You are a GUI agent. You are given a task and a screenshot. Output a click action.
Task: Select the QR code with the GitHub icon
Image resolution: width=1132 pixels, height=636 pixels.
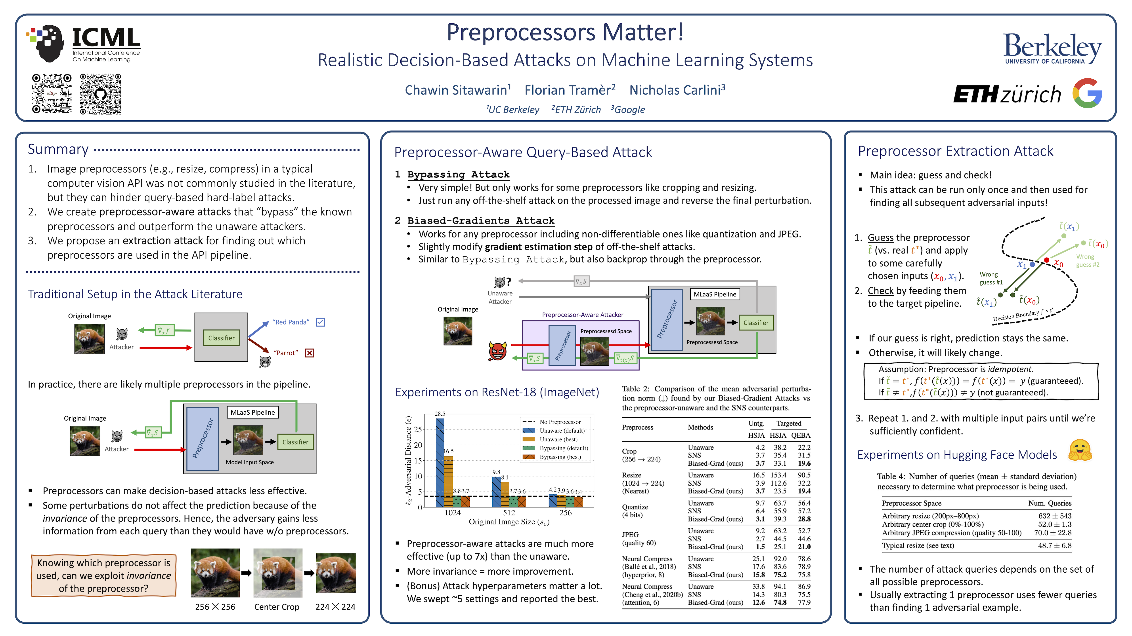(x=101, y=94)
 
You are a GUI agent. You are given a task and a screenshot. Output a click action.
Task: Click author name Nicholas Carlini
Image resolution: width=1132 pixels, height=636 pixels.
(x=677, y=90)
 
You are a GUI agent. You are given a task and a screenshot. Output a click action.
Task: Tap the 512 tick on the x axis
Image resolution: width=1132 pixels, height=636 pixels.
(x=509, y=513)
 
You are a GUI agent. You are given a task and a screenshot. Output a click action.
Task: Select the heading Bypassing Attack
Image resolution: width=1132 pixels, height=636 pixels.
(x=458, y=174)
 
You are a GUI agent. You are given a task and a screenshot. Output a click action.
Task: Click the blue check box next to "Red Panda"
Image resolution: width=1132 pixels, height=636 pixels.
(x=320, y=322)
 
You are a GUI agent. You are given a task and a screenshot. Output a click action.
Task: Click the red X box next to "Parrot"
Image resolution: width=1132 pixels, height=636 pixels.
(x=310, y=353)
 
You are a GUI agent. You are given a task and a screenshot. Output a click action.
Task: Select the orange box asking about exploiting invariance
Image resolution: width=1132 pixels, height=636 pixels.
(x=104, y=575)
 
